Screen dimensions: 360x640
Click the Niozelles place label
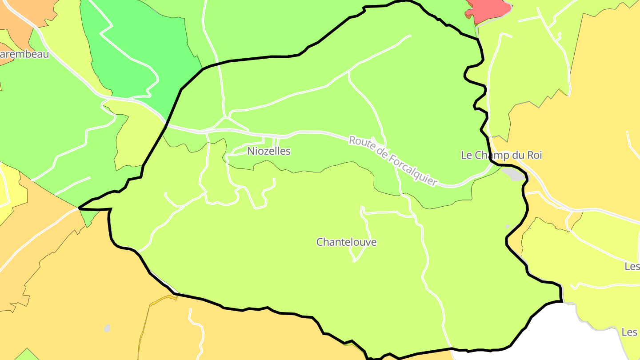(269, 151)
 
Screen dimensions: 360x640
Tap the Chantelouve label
(346, 242)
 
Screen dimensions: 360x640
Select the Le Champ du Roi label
(501, 155)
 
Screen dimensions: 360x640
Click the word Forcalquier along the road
(413, 169)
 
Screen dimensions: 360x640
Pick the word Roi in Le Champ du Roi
(534, 155)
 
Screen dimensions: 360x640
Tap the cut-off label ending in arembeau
(24, 55)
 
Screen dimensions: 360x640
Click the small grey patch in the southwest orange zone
(107, 328)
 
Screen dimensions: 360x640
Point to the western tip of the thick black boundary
(80, 208)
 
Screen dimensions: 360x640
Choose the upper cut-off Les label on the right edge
(632, 266)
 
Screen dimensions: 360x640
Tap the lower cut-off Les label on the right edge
(630, 332)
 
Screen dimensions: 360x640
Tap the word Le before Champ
(467, 155)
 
